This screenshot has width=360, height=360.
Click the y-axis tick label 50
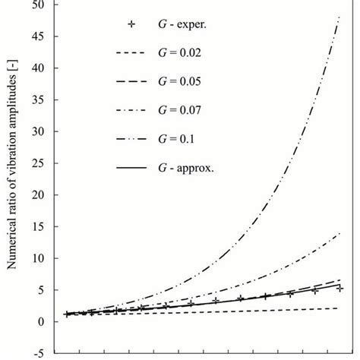coord(36,5)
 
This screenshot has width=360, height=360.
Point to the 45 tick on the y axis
coord(36,36)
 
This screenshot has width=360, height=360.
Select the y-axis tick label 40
coord(36,68)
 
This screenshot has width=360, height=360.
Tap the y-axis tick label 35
coord(36,99)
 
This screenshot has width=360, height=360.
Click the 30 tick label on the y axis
coord(36,131)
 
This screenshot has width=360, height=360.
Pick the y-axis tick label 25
coord(36,163)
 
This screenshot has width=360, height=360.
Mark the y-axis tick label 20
coord(36,194)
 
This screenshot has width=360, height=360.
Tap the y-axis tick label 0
coord(39,321)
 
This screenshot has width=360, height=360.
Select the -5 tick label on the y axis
coord(35,353)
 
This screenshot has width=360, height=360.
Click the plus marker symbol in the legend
coord(132,24)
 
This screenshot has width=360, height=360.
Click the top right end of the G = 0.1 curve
coord(338,17)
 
